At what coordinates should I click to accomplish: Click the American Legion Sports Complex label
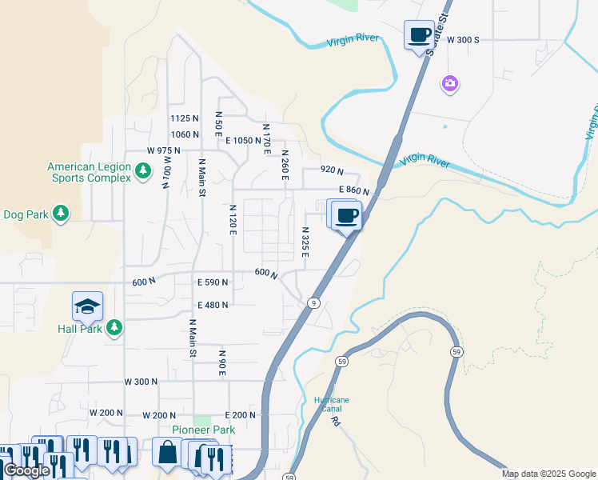click(88, 172)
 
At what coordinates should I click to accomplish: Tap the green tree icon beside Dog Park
click(60, 214)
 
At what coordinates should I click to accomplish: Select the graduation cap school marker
click(87, 306)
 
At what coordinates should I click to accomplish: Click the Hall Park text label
click(80, 329)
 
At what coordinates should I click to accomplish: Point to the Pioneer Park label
click(204, 430)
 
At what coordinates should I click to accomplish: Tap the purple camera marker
click(449, 83)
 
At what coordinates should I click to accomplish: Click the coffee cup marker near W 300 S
click(419, 35)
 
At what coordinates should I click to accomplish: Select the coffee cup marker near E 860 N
click(346, 215)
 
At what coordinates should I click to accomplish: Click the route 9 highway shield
click(313, 302)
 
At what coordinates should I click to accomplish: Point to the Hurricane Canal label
click(330, 404)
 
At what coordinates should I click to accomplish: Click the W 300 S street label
click(463, 39)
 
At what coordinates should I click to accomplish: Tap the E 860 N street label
click(353, 190)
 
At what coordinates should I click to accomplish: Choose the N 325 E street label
click(305, 241)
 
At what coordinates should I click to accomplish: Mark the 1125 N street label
click(184, 118)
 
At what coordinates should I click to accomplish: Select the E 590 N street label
click(213, 282)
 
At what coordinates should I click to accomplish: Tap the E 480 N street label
click(213, 305)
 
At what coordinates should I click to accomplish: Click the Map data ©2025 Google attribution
click(548, 474)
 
